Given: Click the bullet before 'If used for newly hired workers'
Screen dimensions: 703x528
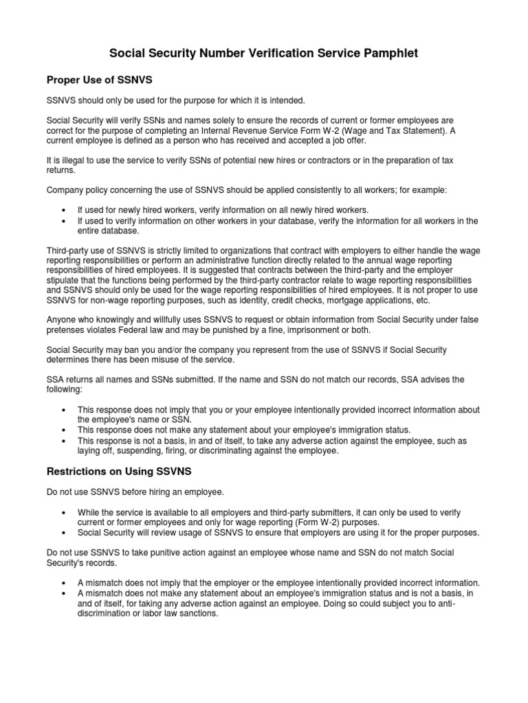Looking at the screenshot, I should [x=63, y=209].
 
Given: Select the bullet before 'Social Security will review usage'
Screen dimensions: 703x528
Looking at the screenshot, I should [x=63, y=533].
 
